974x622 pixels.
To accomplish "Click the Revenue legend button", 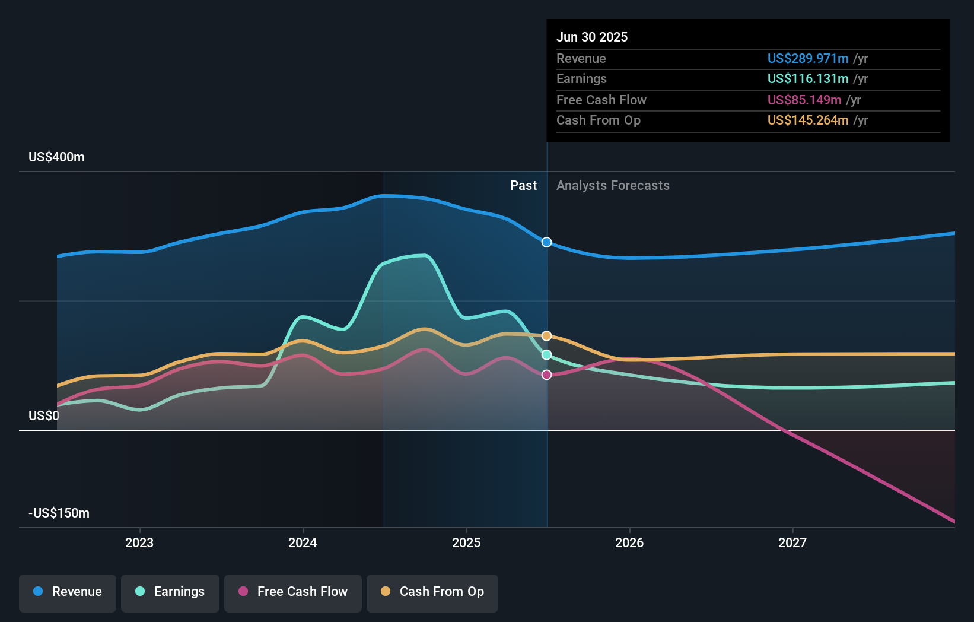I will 68,592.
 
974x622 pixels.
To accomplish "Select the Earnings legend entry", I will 170,592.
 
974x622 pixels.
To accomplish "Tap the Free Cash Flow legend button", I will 293,592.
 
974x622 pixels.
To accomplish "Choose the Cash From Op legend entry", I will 432,592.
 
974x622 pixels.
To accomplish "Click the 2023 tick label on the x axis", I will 139,542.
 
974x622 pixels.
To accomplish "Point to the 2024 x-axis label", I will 303,542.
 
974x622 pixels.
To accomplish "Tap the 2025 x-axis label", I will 466,542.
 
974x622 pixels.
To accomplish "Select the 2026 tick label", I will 629,542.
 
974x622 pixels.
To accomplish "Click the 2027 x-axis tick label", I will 792,542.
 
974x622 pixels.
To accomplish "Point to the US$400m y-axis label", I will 56,157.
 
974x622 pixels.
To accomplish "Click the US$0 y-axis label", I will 44,415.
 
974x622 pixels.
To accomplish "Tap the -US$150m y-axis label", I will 59,513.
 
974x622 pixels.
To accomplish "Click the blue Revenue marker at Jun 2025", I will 547,242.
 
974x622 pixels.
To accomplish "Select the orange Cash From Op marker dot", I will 547,336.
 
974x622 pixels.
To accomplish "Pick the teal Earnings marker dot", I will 547,355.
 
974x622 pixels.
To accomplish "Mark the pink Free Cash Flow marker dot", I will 547,375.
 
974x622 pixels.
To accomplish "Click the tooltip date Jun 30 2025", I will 592,37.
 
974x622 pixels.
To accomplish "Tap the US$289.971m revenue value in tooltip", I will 808,58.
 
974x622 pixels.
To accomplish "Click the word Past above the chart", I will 523,186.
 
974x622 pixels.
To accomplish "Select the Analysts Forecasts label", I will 613,186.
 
